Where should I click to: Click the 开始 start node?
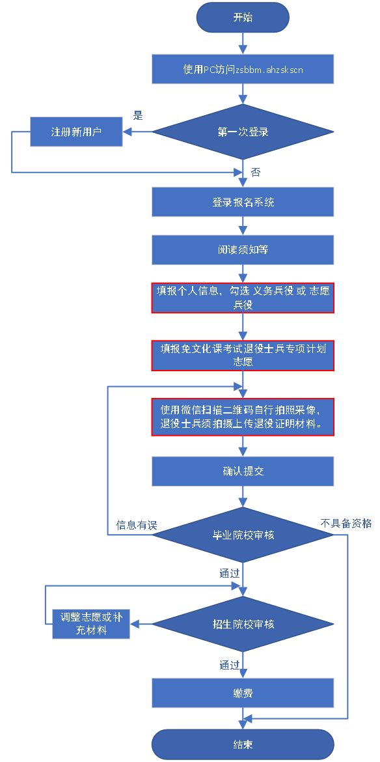pyautogui.click(x=243, y=18)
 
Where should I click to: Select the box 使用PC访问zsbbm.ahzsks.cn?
pyautogui.click(x=243, y=69)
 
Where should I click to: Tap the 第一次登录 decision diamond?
pyautogui.click(x=243, y=132)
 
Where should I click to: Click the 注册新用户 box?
pyautogui.click(x=76, y=132)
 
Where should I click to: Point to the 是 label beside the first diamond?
pyautogui.click(x=139, y=116)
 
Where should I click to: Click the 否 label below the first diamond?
pyautogui.click(x=255, y=173)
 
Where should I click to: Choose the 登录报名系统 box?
pyautogui.click(x=243, y=202)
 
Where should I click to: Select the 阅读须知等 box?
pyautogui.click(x=243, y=250)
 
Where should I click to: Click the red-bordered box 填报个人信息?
pyautogui.click(x=243, y=298)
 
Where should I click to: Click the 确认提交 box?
pyautogui.click(x=243, y=471)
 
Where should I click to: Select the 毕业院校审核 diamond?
pyautogui.click(x=243, y=535)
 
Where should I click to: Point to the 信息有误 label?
pyautogui.click(x=137, y=525)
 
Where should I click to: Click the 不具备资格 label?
pyautogui.click(x=346, y=524)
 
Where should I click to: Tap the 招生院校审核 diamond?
pyautogui.click(x=243, y=624)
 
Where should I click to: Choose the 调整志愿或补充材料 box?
pyautogui.click(x=90, y=624)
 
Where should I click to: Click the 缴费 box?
pyautogui.click(x=243, y=693)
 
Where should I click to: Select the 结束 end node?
pyautogui.click(x=243, y=744)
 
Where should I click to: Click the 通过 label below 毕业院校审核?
pyautogui.click(x=230, y=573)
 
